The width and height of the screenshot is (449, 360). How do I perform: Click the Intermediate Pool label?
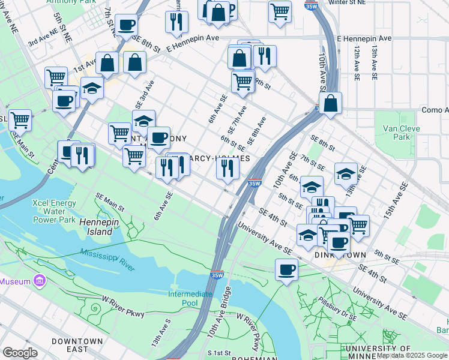[x=190, y=298]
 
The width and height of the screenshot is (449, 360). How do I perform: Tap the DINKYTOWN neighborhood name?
[x=340, y=255]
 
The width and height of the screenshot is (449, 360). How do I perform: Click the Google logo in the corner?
[x=20, y=352]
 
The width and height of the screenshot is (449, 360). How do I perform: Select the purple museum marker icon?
[x=40, y=281]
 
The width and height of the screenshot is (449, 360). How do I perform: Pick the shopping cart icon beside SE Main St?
[x=20, y=119]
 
